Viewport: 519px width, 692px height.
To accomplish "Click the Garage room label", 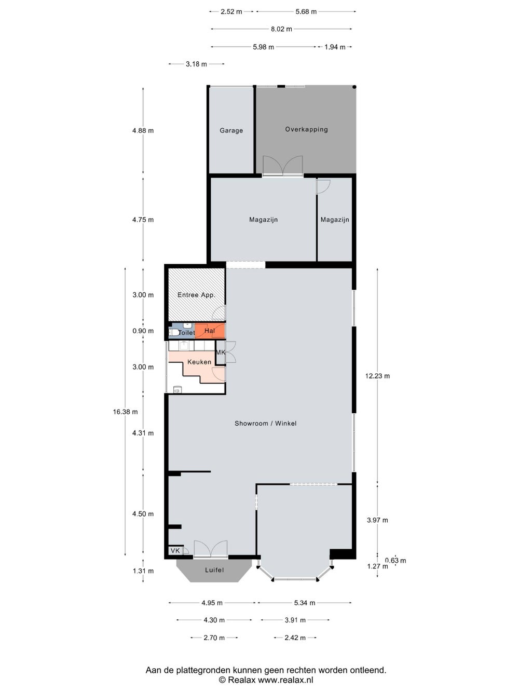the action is point(231,130).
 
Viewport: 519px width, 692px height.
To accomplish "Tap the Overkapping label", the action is point(306,129).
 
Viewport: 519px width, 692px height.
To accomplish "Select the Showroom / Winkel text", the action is point(265,424).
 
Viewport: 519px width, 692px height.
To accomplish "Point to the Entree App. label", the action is point(196,295).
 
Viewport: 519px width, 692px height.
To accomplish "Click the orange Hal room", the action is point(210,331).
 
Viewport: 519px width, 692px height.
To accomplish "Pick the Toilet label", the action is point(186,333).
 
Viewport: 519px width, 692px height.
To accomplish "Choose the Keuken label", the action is point(199,362).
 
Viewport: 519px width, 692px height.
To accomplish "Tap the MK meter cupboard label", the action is point(221,352).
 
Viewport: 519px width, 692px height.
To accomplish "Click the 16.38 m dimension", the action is point(126,412).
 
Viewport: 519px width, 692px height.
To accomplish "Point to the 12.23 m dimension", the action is point(377,376).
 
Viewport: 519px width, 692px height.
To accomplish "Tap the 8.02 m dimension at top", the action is point(281,29).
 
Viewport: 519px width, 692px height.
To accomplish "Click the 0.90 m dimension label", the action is point(143,331).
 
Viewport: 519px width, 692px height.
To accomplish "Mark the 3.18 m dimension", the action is point(196,64).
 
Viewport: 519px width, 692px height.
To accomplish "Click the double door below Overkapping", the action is point(283,166).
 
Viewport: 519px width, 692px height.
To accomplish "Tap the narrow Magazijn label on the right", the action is point(335,220).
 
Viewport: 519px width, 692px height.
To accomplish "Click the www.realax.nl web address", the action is point(285,677).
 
